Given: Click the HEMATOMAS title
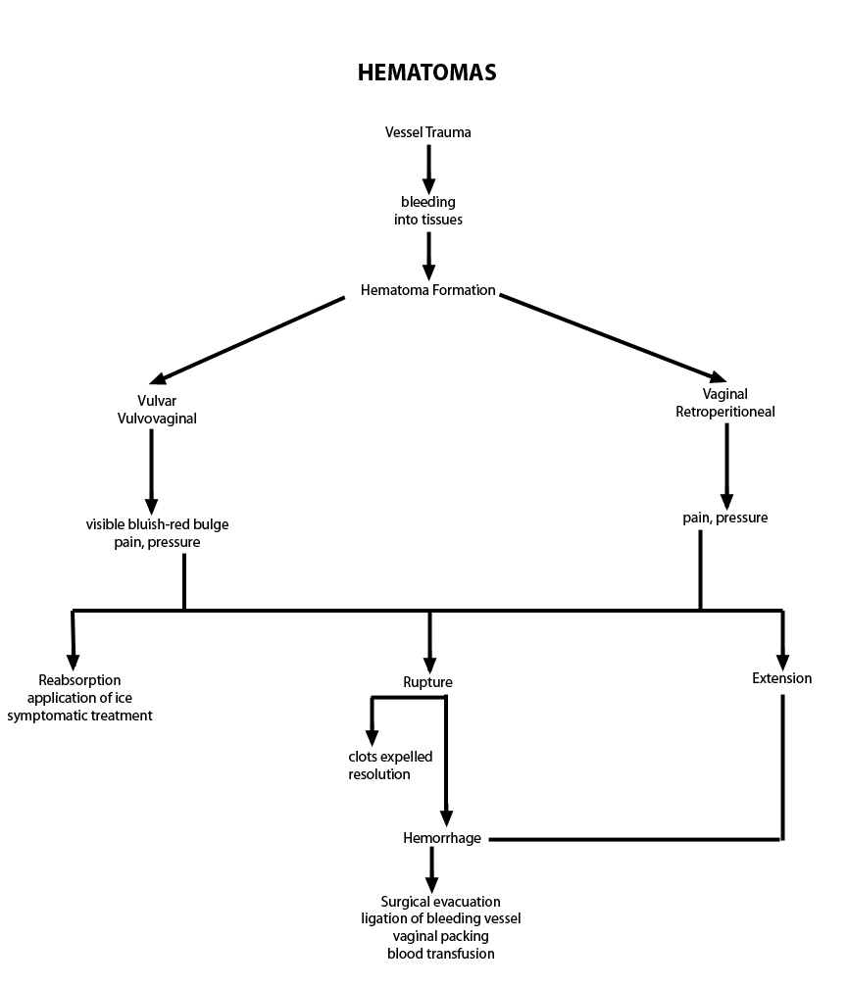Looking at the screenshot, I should coord(426,74).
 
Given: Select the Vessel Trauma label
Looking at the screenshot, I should coord(427,132).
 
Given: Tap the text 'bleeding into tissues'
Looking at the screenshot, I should coord(428,211).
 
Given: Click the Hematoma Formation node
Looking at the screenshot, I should coord(427,290).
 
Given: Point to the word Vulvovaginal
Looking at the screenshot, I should coord(157,419).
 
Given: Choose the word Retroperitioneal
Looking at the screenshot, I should coord(725,412).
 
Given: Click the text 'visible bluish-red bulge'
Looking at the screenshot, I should coord(157,524).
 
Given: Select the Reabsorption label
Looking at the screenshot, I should coord(79,680).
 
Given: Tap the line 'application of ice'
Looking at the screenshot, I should coord(79,698).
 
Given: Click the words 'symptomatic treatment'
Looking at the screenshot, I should coord(79,716).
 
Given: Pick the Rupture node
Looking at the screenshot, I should coord(427,682).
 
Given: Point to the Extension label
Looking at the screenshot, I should coord(781,678).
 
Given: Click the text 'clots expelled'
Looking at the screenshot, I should coord(390,757).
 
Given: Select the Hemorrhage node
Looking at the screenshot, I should coord(441,838).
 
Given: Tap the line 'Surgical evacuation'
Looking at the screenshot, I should coord(440,902).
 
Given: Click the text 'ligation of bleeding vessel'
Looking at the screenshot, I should coord(440,918).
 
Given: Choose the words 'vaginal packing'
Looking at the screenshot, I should coord(440,936).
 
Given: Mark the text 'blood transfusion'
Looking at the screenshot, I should coord(440,954).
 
